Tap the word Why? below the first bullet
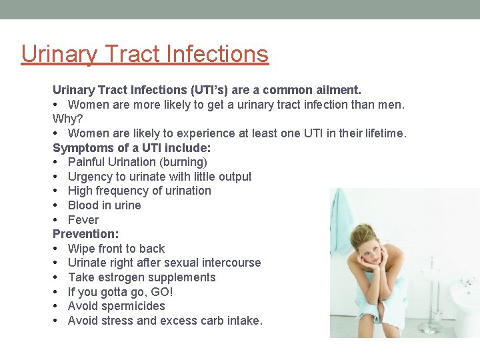67,118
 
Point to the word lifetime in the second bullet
385,133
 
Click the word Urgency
90,177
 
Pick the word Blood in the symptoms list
83,205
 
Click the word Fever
83,220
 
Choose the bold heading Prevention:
86,234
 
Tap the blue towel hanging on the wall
342,213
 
